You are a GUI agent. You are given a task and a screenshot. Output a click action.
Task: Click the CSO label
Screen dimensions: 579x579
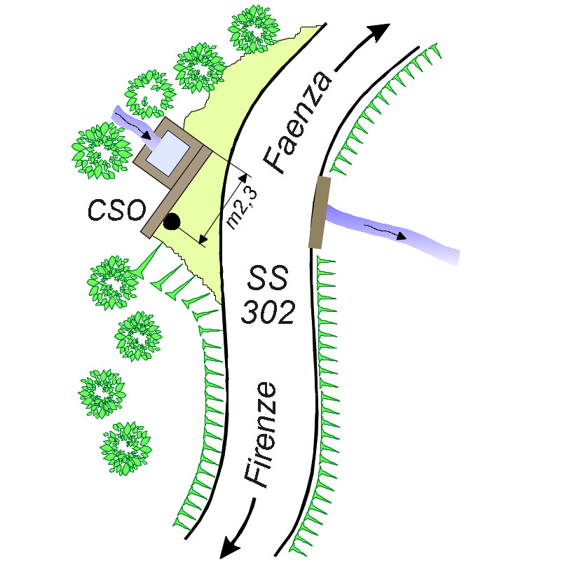(x=116, y=210)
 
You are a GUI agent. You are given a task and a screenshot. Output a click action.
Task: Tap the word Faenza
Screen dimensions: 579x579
(x=298, y=121)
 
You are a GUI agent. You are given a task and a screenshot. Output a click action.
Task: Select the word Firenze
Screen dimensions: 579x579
(x=260, y=435)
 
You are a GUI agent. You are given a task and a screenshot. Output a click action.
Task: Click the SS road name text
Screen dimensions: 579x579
(x=268, y=278)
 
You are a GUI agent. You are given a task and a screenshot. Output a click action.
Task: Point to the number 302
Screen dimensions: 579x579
(x=268, y=313)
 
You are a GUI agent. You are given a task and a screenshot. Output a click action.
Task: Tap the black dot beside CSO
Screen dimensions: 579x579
(x=172, y=222)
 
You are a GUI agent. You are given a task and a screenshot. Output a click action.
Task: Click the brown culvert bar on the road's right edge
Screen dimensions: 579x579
(x=320, y=212)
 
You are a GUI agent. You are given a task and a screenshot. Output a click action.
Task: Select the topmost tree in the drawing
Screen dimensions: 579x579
(x=254, y=29)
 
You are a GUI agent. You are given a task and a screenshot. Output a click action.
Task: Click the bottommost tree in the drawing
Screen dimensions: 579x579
(x=126, y=448)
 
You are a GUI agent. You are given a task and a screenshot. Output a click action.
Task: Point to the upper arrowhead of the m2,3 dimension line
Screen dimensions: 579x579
(x=243, y=178)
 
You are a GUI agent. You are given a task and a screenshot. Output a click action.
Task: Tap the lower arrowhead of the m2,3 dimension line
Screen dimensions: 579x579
(x=203, y=240)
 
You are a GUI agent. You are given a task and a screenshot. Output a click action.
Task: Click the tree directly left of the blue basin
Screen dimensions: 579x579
(x=102, y=150)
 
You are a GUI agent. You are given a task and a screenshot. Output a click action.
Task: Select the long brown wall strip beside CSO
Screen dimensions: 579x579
(x=176, y=192)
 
